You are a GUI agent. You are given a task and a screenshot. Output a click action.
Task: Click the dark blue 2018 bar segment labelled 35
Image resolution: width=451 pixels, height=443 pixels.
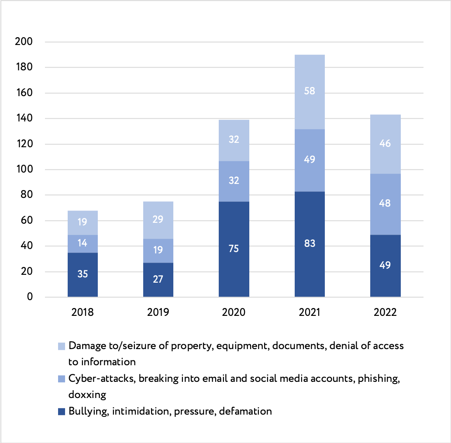[x=83, y=274]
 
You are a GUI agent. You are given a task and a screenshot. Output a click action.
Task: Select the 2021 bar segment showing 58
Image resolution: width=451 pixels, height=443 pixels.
[x=310, y=92]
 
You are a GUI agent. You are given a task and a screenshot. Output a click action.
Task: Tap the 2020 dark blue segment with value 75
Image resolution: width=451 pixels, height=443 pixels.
[x=234, y=249]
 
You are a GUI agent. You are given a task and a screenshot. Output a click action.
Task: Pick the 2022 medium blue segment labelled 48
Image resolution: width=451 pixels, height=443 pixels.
[x=385, y=204]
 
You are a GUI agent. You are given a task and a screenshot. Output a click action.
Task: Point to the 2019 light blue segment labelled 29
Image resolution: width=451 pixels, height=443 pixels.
[x=158, y=220]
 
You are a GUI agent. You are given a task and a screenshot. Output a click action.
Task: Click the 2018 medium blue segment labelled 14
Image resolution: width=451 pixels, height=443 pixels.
[x=83, y=244]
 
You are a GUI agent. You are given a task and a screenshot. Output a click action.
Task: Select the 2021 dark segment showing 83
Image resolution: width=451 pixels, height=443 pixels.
[x=310, y=244]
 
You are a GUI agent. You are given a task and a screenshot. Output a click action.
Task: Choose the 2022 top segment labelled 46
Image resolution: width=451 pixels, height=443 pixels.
[x=385, y=144]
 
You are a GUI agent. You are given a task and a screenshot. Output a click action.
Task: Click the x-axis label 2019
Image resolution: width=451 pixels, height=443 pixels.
[x=158, y=313]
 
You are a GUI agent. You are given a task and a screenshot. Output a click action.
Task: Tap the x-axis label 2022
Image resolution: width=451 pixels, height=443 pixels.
[x=385, y=313]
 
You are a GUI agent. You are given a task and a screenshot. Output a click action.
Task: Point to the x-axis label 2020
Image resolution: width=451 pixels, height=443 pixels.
[x=234, y=313]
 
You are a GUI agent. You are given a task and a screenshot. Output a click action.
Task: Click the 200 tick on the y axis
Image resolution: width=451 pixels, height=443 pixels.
[x=24, y=42]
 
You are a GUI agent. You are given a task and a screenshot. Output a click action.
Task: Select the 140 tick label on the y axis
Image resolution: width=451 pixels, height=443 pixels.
[x=24, y=118]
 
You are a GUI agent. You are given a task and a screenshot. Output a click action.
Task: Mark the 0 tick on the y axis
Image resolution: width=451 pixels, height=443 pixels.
[x=30, y=297]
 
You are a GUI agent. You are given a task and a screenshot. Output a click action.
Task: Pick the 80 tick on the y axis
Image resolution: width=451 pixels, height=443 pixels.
[x=26, y=195]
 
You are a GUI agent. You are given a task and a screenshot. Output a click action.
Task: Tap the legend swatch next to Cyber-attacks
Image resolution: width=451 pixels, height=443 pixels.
[x=62, y=379]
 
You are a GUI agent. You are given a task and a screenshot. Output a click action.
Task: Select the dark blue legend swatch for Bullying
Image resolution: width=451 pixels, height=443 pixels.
[x=62, y=412]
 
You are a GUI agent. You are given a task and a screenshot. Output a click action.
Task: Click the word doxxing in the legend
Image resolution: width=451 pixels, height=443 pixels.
[x=87, y=395]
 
